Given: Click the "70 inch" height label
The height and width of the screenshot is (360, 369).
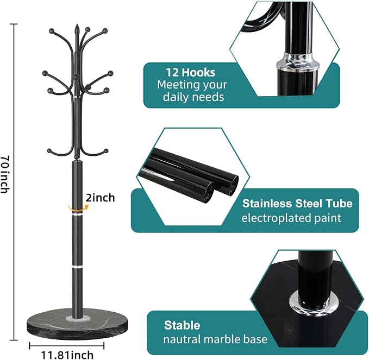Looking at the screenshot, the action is click(4, 174).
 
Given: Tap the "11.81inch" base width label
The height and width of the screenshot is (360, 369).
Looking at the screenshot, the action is click(67, 355).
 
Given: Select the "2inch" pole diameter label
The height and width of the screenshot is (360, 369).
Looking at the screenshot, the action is click(100, 198).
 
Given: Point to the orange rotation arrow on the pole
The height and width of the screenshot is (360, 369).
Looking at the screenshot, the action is click(77, 208).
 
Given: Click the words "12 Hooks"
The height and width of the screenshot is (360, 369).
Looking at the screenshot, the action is click(191, 72).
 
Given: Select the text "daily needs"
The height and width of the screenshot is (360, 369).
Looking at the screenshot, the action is click(193, 97).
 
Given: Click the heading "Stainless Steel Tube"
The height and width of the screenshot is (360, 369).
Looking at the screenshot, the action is click(297, 204).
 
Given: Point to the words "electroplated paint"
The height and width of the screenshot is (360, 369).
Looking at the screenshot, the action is click(291, 218).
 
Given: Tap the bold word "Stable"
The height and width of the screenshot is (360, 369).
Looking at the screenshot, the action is click(182, 325).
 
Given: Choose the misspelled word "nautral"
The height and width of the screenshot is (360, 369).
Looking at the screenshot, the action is click(182, 339).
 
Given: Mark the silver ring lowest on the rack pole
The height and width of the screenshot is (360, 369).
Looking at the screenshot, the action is click(77, 267).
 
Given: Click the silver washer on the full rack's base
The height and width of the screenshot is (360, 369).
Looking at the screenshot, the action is click(77, 319).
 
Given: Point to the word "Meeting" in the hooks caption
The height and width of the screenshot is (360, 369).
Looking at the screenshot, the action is click(177, 85).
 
